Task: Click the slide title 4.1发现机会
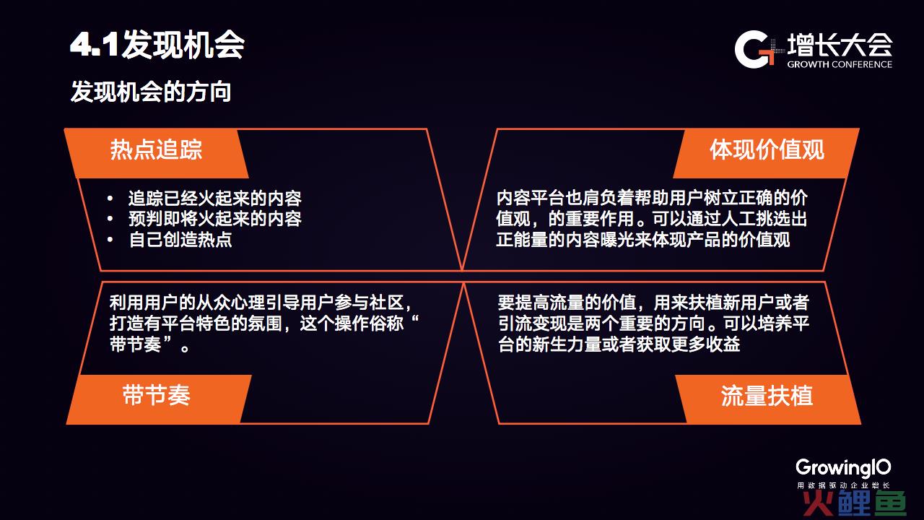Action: pyautogui.click(x=157, y=45)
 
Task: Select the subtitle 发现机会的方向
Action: pyautogui.click(x=151, y=92)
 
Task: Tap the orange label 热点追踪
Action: pyautogui.click(x=156, y=149)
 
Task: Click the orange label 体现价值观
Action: pyautogui.click(x=767, y=149)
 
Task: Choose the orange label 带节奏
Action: pyautogui.click(x=156, y=395)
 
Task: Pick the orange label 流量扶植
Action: pyautogui.click(x=767, y=395)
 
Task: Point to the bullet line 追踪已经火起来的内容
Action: pyautogui.click(x=215, y=199)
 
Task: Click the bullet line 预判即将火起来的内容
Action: pyautogui.click(x=215, y=219)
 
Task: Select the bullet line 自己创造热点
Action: pyautogui.click(x=180, y=240)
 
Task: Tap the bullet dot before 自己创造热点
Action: pyautogui.click(x=110, y=240)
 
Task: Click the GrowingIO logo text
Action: pyautogui.click(x=843, y=469)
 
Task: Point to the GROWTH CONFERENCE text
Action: pyautogui.click(x=840, y=64)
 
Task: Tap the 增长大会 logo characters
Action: pyautogui.click(x=840, y=45)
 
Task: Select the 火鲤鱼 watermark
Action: pyautogui.click(x=854, y=503)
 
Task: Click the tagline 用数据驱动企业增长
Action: pyautogui.click(x=843, y=485)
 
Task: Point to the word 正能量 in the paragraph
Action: pyautogui.click(x=522, y=240)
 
